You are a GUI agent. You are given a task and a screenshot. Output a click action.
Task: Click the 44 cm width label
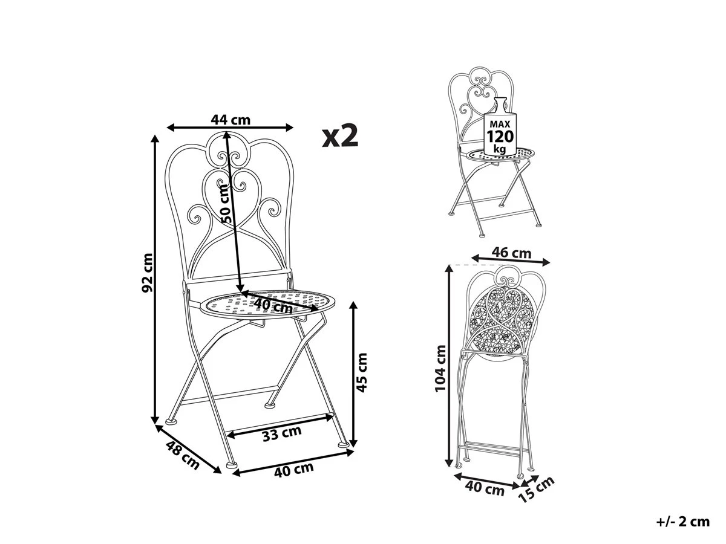(231, 119)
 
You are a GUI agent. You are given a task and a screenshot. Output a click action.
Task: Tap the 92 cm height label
(147, 273)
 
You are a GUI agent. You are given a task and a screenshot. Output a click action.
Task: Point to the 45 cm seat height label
(362, 372)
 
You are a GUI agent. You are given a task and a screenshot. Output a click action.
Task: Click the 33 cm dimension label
(282, 433)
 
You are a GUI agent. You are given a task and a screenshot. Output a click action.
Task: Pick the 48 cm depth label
(183, 455)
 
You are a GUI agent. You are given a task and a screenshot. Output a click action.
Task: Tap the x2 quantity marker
(340, 136)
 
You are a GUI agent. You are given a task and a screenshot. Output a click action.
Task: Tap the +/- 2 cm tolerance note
(683, 522)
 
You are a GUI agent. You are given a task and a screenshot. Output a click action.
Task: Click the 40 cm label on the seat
(273, 306)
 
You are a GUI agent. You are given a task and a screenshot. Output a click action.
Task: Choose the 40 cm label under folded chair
(485, 488)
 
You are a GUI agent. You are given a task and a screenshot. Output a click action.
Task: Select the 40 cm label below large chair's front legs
(293, 470)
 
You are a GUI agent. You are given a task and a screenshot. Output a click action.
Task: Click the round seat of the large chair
(267, 305)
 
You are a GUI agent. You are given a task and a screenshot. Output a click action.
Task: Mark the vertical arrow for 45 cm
(353, 374)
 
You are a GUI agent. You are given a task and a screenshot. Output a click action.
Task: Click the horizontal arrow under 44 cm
(231, 127)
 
